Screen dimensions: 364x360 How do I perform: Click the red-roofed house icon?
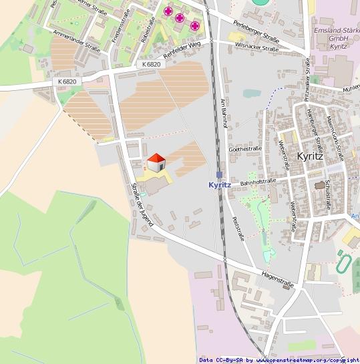coord(156,162)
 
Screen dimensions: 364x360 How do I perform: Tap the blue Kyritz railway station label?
coord(219,185)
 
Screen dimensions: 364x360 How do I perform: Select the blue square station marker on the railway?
coord(219,174)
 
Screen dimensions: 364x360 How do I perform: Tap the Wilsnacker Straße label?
coord(256,48)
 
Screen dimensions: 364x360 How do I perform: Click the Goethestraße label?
coord(244,148)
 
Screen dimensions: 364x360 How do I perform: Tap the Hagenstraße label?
coord(278,274)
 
